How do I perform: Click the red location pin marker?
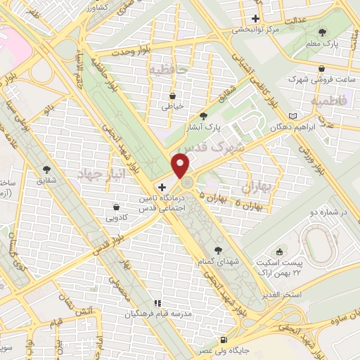(181, 165)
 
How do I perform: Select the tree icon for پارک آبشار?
(204, 115)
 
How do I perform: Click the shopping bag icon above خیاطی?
(173, 96)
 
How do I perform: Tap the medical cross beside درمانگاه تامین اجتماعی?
(162, 188)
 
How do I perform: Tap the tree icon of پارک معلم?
(323, 32)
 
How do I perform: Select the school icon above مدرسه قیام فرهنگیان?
(157, 302)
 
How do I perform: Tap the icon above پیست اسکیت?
(281, 251)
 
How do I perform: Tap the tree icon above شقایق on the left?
(47, 169)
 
